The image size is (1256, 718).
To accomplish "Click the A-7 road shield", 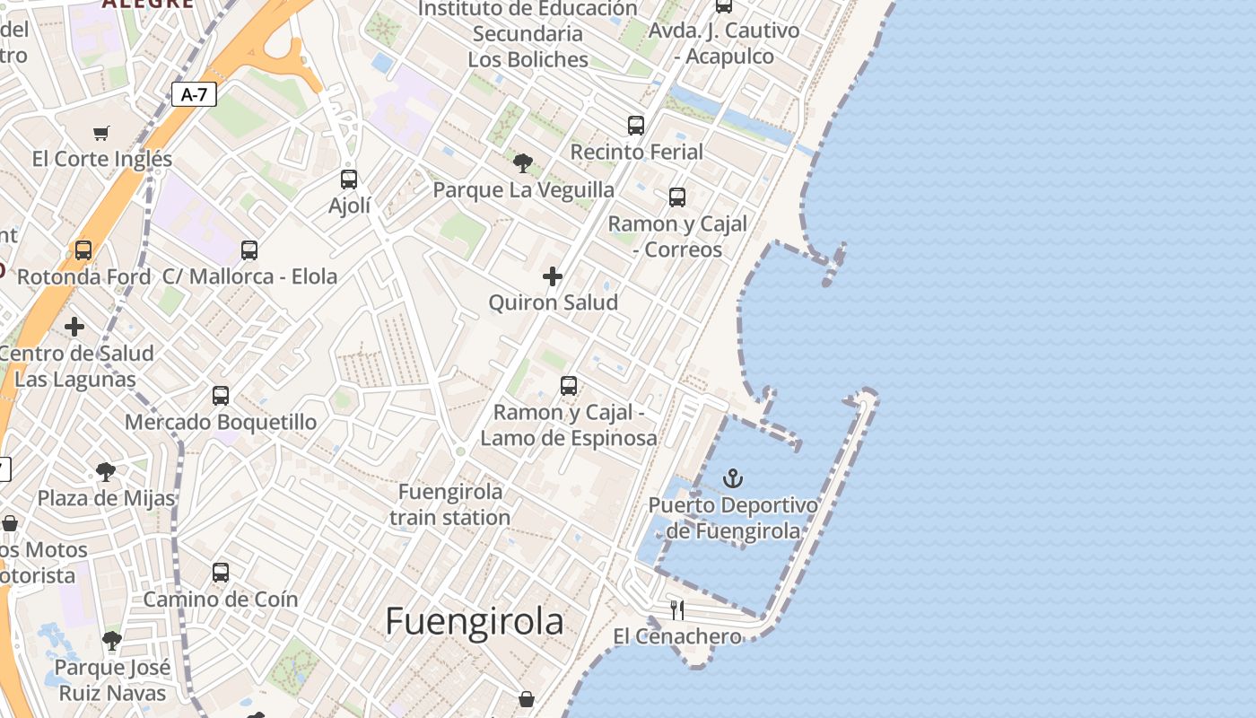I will click(x=194, y=94).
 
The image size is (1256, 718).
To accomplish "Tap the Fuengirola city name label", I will click(x=475, y=621).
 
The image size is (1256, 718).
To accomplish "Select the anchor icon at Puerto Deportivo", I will click(x=733, y=477).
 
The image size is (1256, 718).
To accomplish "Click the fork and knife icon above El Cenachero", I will click(x=677, y=610).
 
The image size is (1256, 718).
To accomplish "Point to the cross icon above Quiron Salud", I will click(x=553, y=276).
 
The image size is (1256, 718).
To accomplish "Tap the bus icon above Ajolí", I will click(x=349, y=179).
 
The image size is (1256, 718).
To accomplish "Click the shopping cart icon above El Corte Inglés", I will click(x=101, y=133).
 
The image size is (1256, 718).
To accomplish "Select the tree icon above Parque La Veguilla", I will click(x=523, y=163).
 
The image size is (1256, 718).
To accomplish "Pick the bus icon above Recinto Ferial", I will click(x=636, y=126).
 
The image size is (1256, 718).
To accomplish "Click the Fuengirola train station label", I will click(x=450, y=504).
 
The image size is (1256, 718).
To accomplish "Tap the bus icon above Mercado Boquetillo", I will click(x=221, y=395).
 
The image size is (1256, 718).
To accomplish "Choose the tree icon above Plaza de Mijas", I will click(x=106, y=471).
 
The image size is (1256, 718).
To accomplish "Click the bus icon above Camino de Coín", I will click(x=221, y=573).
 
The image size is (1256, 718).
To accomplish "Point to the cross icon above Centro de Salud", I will click(x=74, y=327).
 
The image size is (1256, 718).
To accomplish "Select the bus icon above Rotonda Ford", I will click(x=83, y=250).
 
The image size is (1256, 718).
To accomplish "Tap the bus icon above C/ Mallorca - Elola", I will click(x=249, y=250).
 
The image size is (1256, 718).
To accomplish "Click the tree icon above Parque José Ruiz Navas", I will click(x=112, y=641).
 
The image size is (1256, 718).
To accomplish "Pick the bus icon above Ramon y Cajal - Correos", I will click(x=677, y=197).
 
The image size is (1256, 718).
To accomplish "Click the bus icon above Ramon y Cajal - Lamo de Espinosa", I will click(x=569, y=386).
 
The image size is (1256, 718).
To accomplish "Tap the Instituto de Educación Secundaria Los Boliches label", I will click(x=528, y=34).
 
